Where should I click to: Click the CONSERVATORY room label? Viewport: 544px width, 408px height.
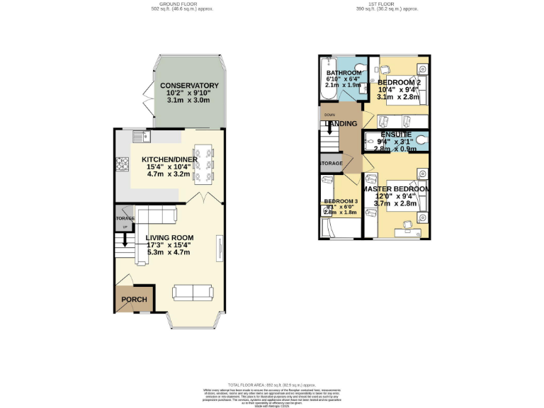click(188, 86)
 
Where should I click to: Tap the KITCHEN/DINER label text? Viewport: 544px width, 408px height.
click(170, 159)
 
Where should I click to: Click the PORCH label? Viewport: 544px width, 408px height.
click(134, 300)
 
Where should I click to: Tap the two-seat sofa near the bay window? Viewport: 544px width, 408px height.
click(193, 291)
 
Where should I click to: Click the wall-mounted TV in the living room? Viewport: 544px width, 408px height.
click(219, 248)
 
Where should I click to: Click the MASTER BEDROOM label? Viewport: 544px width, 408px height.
click(395, 190)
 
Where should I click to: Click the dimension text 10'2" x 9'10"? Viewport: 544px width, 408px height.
click(188, 93)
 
